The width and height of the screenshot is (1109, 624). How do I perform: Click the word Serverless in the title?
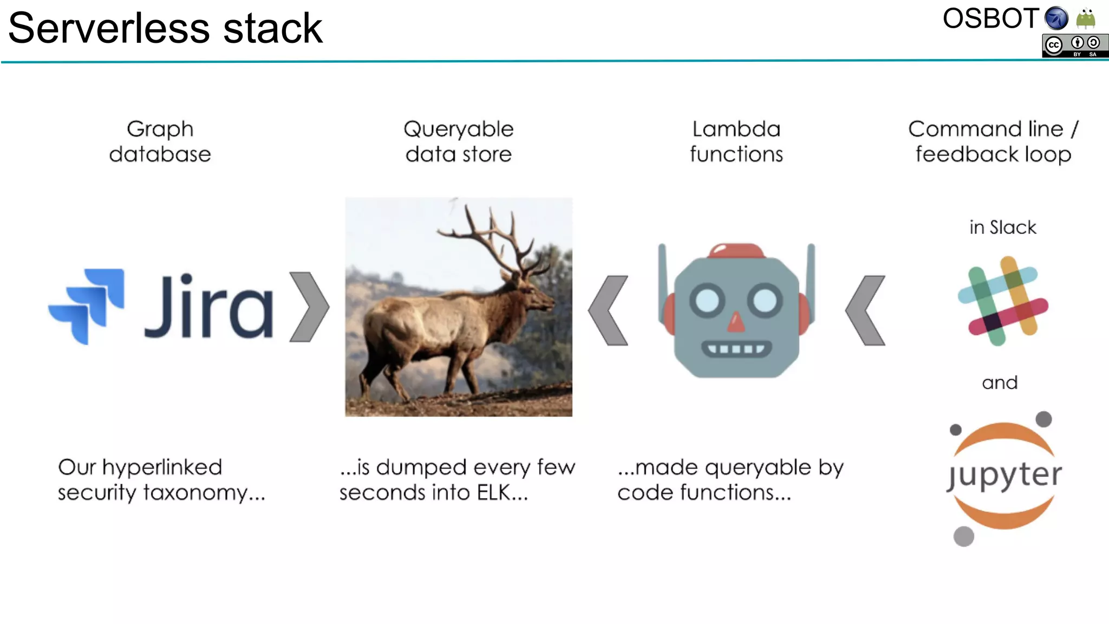click(109, 28)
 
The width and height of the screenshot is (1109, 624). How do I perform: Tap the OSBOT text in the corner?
click(990, 19)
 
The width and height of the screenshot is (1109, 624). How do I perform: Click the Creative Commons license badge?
click(1074, 46)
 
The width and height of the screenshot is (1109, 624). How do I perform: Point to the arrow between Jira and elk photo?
click(309, 307)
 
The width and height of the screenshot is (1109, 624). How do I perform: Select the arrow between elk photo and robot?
click(608, 310)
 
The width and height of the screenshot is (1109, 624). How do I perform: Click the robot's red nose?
click(736, 322)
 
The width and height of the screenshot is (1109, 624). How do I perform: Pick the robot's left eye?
click(707, 300)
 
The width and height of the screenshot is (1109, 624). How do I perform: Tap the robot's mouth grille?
click(736, 348)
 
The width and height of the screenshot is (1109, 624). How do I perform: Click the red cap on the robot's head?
click(736, 251)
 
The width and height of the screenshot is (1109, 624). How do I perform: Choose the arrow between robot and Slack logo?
click(865, 310)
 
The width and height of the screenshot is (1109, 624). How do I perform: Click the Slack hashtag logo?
click(1003, 301)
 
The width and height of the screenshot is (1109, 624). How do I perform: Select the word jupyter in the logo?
click(1004, 476)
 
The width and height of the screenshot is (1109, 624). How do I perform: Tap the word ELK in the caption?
click(493, 492)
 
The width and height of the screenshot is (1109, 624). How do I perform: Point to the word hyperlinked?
click(162, 467)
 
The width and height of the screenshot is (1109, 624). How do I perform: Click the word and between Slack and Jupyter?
click(1000, 383)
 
